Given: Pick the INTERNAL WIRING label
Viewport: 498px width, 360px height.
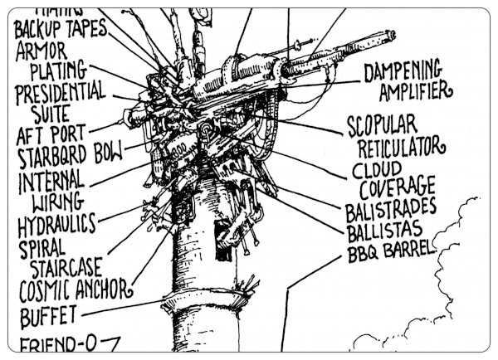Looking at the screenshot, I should click(51, 190).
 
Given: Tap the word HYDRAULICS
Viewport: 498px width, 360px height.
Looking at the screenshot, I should click(56, 224).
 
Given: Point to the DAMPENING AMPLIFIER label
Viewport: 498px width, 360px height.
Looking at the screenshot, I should click(407, 80).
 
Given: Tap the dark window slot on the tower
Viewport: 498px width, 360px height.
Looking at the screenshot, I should click(222, 231).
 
